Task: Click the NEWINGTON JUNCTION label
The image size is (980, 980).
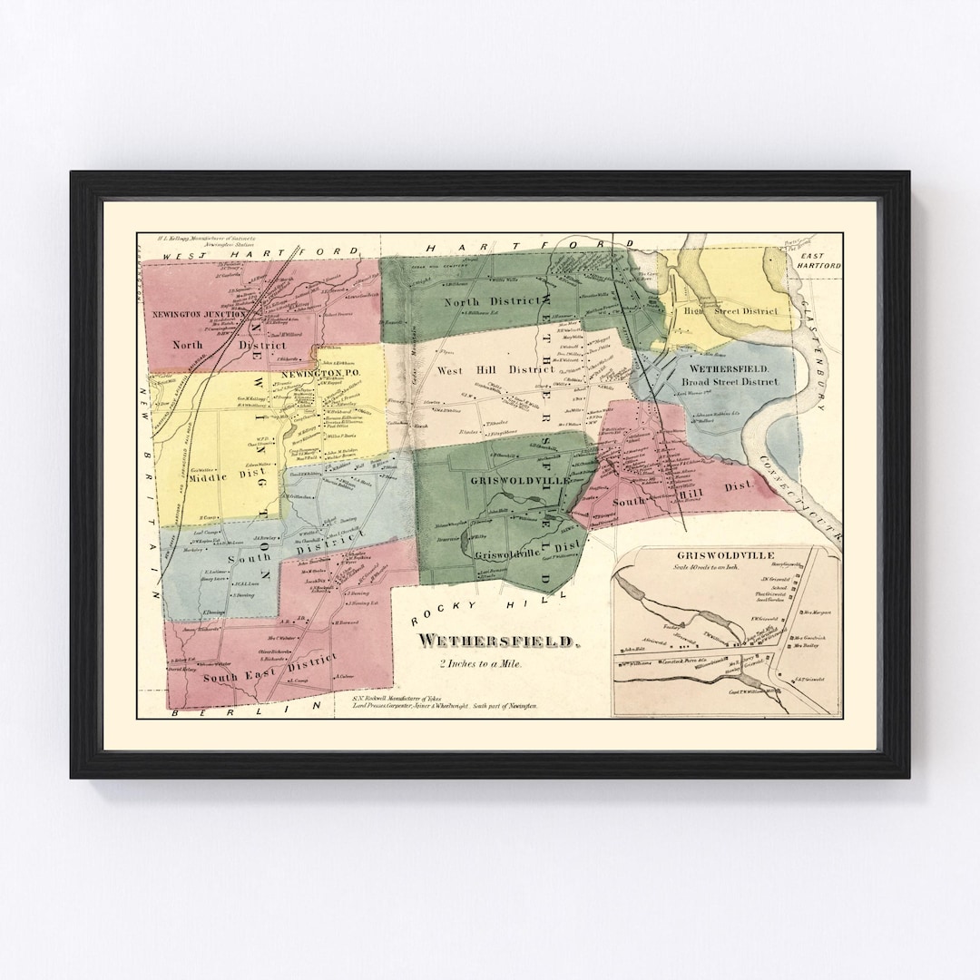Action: coord(194,315)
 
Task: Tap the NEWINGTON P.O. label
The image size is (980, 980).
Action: coord(315,373)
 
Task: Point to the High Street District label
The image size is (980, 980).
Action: coord(731,311)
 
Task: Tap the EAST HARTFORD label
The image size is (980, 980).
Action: coord(819,260)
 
